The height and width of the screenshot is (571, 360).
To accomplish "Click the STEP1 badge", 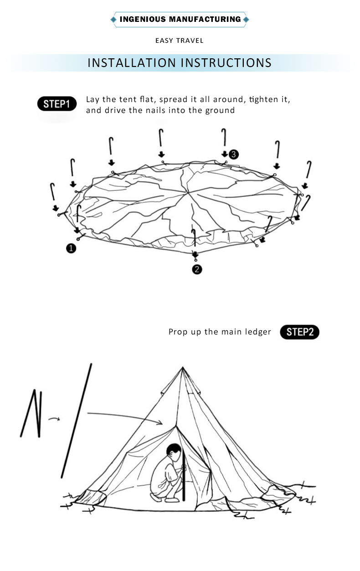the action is [x=57, y=104].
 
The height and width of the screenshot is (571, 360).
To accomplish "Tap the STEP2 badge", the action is [x=299, y=332].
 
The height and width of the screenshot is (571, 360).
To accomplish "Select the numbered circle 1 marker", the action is [x=71, y=248].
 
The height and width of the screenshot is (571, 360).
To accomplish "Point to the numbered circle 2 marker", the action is [x=196, y=269].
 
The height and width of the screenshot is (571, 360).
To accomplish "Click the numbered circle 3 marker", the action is [x=233, y=154].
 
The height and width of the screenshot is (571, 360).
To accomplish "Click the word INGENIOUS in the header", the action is [x=143, y=19].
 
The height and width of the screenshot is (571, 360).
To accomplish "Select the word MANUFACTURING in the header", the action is [x=205, y=19].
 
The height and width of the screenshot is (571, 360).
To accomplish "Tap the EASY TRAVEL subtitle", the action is [x=180, y=41].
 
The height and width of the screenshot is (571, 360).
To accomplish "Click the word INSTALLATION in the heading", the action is [x=132, y=62].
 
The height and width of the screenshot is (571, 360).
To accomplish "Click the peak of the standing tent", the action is [x=182, y=368].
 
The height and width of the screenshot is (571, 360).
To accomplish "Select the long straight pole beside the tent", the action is [x=77, y=421].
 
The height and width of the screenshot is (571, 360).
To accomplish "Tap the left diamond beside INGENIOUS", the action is [x=113, y=19].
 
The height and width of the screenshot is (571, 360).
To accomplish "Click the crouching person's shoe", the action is [x=172, y=500].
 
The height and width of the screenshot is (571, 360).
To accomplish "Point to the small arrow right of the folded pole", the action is [x=54, y=418].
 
